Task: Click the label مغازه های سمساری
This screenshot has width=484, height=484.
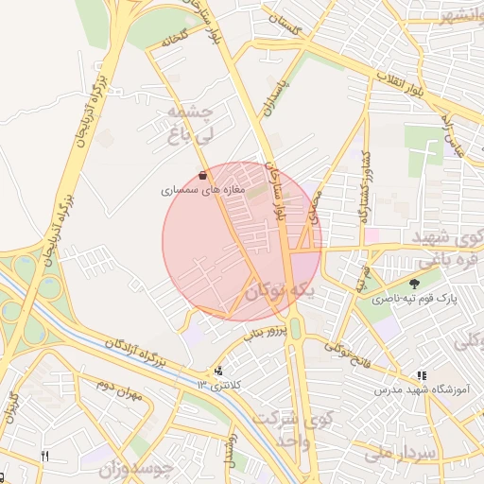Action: click(202, 190)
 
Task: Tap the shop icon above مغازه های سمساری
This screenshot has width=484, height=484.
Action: click(203, 175)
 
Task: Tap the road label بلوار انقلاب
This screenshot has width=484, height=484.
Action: click(402, 82)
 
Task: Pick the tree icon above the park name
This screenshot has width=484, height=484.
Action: click(414, 284)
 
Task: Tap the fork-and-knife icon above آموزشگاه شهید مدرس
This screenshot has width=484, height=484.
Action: click(422, 375)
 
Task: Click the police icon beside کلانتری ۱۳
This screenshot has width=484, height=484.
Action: click(219, 371)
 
